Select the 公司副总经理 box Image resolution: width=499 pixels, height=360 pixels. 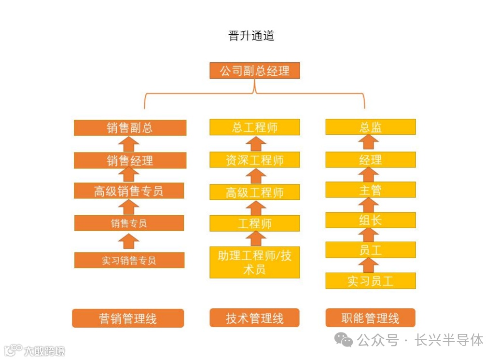[x=255, y=71]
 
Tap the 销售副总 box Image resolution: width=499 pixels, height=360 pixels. [x=130, y=128]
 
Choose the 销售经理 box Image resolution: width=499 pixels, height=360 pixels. [x=130, y=160]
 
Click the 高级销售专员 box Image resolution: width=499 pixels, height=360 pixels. [x=129, y=191]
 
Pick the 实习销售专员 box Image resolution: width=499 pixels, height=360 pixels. [x=129, y=261]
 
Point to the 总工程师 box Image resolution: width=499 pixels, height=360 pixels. [x=255, y=127]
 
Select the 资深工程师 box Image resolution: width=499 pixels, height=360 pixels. [x=255, y=160]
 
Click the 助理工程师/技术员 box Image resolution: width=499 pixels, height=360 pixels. [x=255, y=262]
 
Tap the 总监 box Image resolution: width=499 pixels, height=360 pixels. [x=371, y=127]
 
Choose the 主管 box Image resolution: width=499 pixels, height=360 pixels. [x=371, y=190]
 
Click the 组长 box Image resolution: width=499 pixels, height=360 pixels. [x=371, y=220]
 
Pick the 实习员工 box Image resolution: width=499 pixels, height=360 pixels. [x=371, y=281]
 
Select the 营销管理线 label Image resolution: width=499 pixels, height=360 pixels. [x=128, y=318]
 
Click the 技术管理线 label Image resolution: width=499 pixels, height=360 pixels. [x=255, y=318]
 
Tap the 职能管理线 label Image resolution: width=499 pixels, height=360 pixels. [x=371, y=318]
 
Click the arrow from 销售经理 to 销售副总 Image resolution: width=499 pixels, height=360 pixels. [x=129, y=144]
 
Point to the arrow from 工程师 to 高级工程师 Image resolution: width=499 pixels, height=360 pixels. [x=255, y=208]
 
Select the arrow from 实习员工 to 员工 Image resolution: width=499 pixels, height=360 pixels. [x=370, y=265]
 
